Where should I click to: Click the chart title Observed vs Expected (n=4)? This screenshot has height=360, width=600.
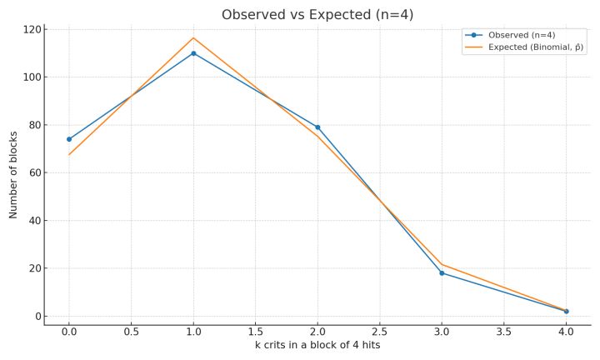pyautogui.click(x=317, y=15)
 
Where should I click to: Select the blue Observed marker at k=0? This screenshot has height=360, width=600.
pyautogui.click(x=69, y=139)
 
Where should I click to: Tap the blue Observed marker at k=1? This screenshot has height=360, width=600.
pyautogui.click(x=193, y=53)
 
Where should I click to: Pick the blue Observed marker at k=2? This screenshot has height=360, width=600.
pyautogui.click(x=317, y=127)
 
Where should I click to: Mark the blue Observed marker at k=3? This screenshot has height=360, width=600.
pyautogui.click(x=442, y=273)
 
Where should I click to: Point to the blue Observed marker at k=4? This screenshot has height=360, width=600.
pyautogui.click(x=567, y=312)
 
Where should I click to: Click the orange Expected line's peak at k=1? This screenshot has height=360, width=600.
pyautogui.click(x=193, y=37)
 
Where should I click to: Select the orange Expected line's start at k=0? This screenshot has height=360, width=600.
pyautogui.click(x=69, y=155)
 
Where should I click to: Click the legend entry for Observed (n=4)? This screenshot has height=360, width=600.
pyautogui.click(x=511, y=35)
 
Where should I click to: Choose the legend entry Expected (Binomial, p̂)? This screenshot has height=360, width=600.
pyautogui.click(x=524, y=47)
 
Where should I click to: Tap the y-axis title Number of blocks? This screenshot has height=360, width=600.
pyautogui.click(x=13, y=175)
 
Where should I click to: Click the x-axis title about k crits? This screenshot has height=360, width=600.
pyautogui.click(x=317, y=345)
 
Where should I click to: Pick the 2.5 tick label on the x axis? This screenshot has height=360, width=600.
pyautogui.click(x=380, y=332)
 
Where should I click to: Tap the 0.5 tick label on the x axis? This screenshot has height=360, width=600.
pyautogui.click(x=132, y=332)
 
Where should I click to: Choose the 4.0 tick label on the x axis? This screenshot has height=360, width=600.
pyautogui.click(x=567, y=332)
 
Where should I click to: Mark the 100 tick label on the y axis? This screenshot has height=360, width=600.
pyautogui.click(x=33, y=77)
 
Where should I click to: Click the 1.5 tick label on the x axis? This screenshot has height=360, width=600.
pyautogui.click(x=256, y=332)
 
